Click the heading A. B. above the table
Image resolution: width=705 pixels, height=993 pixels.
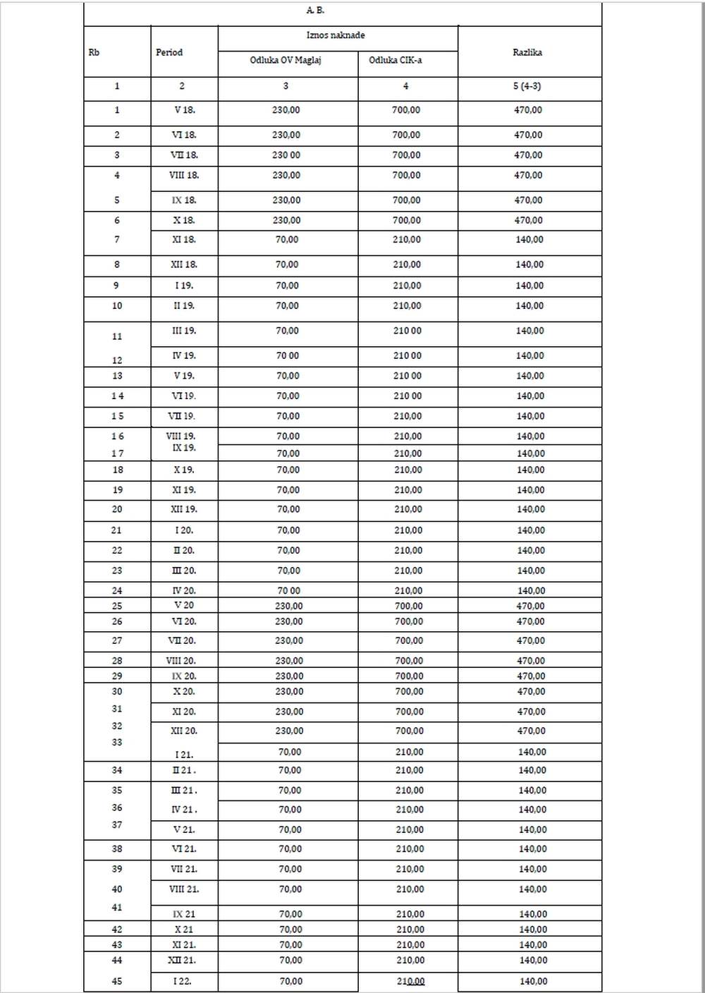click(315, 11)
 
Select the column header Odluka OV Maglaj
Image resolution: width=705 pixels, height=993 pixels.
click(286, 60)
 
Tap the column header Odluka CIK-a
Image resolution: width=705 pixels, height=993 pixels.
click(395, 60)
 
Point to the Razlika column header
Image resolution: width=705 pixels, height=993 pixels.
click(527, 52)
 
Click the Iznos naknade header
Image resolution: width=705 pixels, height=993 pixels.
click(336, 35)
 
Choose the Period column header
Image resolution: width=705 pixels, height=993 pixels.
click(169, 52)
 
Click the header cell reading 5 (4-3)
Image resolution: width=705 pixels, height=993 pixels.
click(527, 86)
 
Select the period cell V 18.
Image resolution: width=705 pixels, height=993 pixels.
click(184, 110)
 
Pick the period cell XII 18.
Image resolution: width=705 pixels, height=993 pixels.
click(184, 264)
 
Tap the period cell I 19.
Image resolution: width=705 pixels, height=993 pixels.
click(184, 286)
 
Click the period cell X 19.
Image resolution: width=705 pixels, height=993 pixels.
click(184, 470)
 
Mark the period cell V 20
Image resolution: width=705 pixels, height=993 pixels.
click(184, 606)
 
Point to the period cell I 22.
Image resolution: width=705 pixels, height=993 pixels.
click(183, 981)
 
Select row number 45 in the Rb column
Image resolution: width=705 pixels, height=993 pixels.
click(117, 981)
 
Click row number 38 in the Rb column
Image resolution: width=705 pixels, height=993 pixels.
click(117, 849)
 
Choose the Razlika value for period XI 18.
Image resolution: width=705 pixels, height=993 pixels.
click(529, 240)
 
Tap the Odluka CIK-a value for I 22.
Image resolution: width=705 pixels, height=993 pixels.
click(410, 981)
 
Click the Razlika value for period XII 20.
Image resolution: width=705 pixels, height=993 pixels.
click(531, 731)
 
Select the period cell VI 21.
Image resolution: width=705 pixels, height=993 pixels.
click(184, 849)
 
